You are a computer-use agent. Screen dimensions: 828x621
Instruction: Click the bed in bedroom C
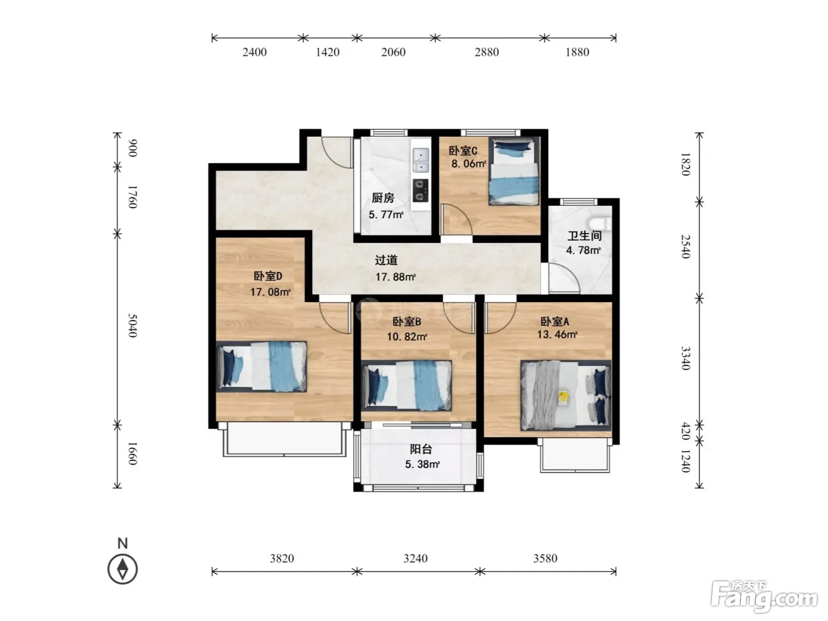(514, 172)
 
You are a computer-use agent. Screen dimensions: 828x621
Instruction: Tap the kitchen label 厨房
(383, 198)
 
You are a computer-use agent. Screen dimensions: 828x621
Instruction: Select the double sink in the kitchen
(421, 160)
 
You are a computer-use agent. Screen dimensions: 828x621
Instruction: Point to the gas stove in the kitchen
(421, 190)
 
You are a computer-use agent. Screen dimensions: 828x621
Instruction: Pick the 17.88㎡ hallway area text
(395, 277)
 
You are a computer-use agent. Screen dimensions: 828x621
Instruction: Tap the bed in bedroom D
(261, 367)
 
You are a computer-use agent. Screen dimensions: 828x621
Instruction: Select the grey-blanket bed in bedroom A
(566, 396)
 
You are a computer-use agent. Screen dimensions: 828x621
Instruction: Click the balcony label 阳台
(421, 449)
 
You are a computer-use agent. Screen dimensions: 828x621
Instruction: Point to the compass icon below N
(122, 569)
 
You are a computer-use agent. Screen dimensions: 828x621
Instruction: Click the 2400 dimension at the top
(254, 52)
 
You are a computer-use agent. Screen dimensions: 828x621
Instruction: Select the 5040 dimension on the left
(132, 326)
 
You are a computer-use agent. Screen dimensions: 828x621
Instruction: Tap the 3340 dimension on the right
(686, 358)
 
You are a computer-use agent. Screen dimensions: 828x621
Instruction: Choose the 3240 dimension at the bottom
(415, 558)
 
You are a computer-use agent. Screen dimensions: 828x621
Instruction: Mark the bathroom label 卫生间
(584, 236)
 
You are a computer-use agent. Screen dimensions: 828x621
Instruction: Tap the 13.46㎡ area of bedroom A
(557, 334)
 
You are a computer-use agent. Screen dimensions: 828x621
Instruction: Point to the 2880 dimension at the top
(487, 52)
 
